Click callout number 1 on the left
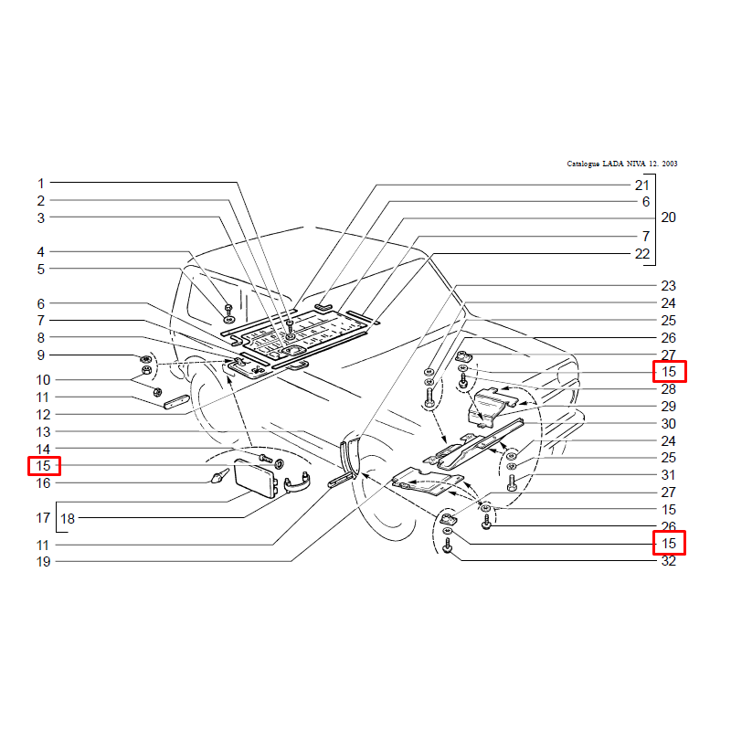(x=41, y=184)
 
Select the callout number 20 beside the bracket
(x=668, y=217)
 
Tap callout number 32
(x=668, y=561)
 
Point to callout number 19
(x=43, y=562)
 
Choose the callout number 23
(x=668, y=286)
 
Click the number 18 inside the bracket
(x=68, y=518)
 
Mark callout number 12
(x=43, y=415)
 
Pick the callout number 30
(x=668, y=424)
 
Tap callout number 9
(x=41, y=355)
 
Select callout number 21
(x=642, y=185)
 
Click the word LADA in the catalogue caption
(x=613, y=164)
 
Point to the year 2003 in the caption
(x=669, y=164)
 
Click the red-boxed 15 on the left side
(x=43, y=466)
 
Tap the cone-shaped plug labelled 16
(x=219, y=476)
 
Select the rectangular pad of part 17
(x=256, y=479)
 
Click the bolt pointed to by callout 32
(x=448, y=546)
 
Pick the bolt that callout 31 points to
(x=512, y=482)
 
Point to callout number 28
(x=668, y=389)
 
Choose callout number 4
(x=41, y=252)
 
